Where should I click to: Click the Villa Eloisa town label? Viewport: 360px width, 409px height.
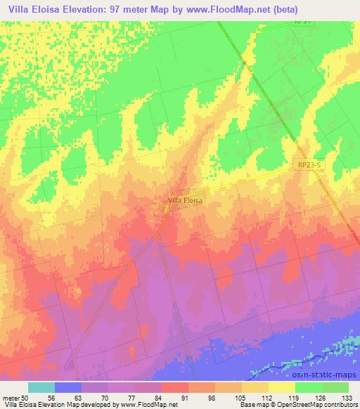tap(186, 200)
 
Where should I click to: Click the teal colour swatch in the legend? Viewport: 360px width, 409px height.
tap(41, 387)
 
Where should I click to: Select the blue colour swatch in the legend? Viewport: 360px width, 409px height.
tap(68, 387)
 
